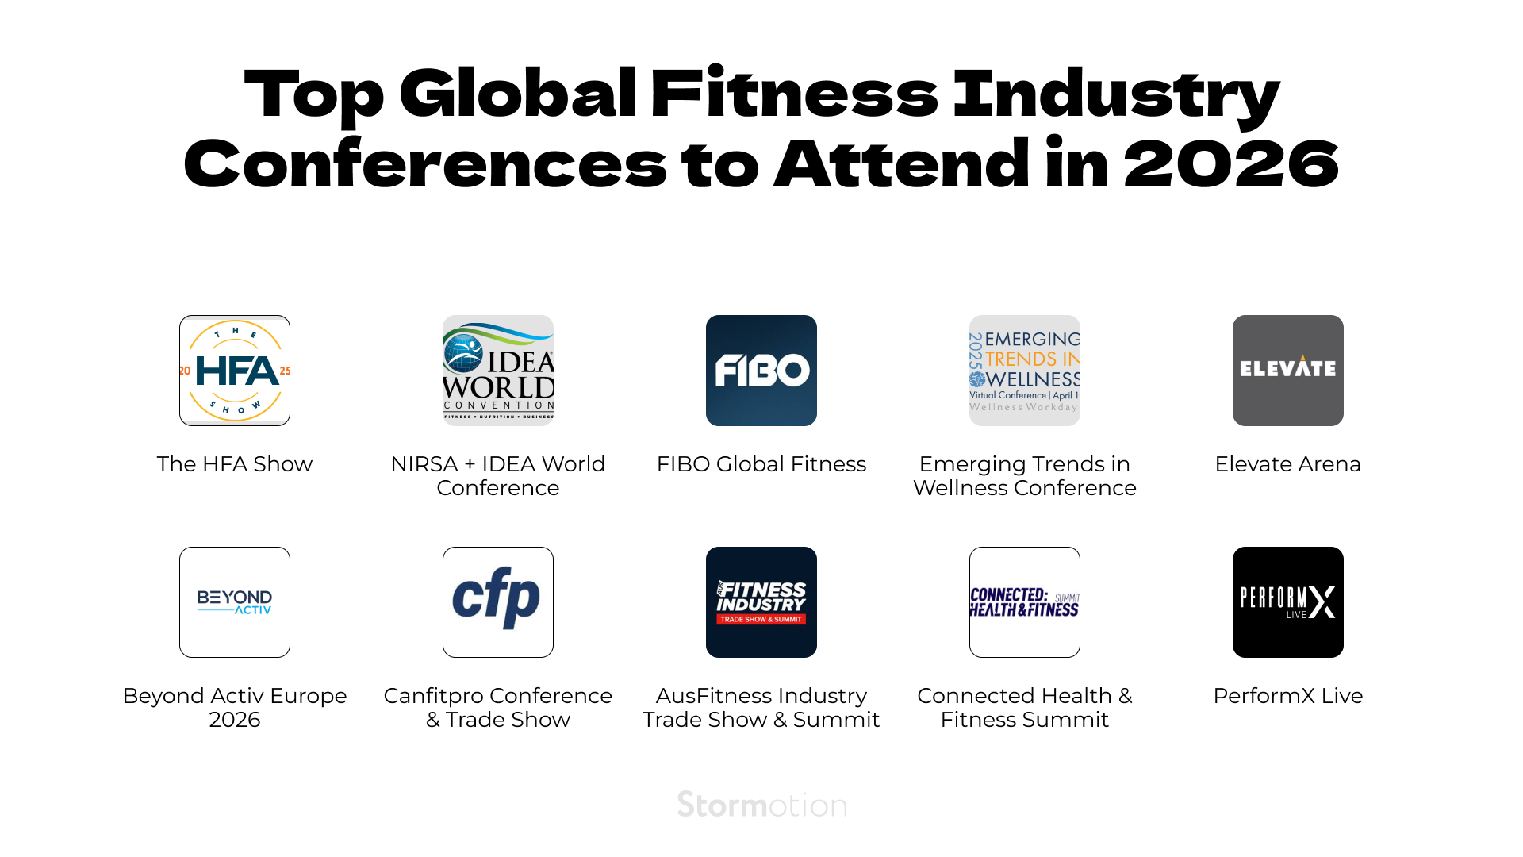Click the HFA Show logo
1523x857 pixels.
pos(235,371)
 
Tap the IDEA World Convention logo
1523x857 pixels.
pos(498,371)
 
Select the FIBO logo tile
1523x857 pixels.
pos(761,371)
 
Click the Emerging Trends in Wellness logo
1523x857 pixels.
pos(1025,371)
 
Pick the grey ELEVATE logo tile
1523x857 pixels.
pos(1288,371)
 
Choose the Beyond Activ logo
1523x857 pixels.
pos(235,602)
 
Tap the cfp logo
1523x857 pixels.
pos(498,602)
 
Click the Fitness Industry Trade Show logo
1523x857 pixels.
pos(761,602)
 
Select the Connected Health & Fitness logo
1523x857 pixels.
pos(1025,602)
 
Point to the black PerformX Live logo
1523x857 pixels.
pos(1288,602)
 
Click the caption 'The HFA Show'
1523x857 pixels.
pos(235,464)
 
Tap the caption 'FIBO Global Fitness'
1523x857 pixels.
pos(761,464)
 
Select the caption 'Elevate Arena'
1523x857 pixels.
pos(1288,464)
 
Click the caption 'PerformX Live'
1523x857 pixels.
pos(1288,696)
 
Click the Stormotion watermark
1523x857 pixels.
pos(761,805)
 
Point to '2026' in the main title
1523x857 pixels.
pos(1231,164)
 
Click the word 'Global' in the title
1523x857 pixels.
pos(517,94)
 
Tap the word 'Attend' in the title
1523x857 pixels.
pos(902,164)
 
